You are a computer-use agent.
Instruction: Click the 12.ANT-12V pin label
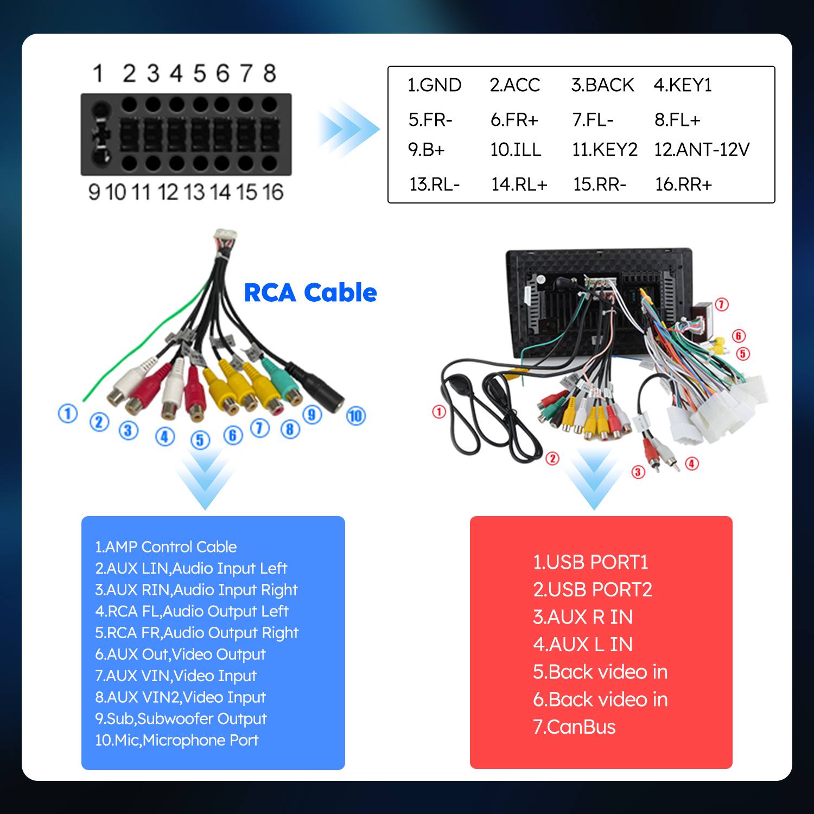point(701,150)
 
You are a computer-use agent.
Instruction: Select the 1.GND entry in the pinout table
point(434,85)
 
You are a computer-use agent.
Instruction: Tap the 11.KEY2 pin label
point(605,150)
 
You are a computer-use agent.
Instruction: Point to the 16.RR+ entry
point(683,185)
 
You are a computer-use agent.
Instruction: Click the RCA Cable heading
point(310,293)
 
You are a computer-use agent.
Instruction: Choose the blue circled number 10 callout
point(356,416)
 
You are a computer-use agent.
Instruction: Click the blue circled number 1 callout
point(68,414)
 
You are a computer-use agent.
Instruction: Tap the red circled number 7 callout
point(721,304)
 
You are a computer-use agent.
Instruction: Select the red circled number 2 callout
point(552,459)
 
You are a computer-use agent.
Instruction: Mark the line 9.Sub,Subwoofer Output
point(181,718)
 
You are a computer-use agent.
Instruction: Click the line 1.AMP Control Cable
point(166,547)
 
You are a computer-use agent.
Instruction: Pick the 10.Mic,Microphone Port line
point(176,740)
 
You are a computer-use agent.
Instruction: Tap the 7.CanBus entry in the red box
point(574,727)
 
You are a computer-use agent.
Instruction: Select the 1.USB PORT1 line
point(590,562)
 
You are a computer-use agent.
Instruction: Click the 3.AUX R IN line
point(583,617)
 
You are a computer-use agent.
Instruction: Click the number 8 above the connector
point(270,73)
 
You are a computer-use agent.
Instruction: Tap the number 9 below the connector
point(94,192)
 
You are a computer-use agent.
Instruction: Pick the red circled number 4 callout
point(692,463)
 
